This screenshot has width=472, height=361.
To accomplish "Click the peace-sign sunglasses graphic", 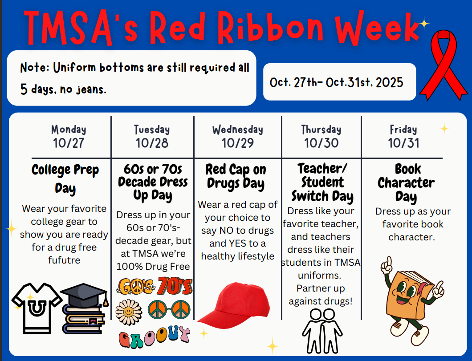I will point(168,309).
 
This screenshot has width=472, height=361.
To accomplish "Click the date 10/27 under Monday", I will point(68,143).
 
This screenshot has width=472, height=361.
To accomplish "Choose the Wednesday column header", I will point(237,130).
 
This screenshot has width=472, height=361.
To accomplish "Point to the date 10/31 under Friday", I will point(403,143).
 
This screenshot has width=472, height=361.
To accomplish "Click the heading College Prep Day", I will point(65,178).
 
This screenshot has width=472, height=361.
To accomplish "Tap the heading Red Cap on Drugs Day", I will point(236,176).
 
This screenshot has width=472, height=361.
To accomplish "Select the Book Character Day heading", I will point(406,183).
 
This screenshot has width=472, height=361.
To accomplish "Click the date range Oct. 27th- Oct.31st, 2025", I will point(337,82).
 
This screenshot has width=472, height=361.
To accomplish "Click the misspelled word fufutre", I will point(64,260).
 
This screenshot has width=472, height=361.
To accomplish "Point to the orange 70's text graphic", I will point(175,286).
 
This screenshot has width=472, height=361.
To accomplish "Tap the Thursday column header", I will point(321,130).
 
